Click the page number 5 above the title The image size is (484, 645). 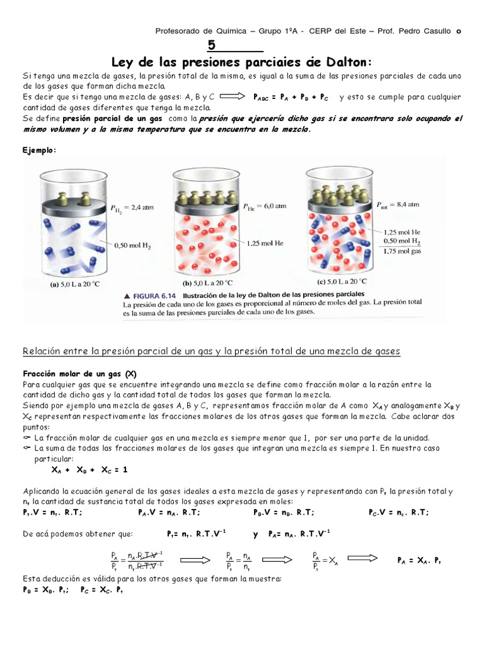[x=212, y=45]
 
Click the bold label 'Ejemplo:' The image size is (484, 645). [x=40, y=149]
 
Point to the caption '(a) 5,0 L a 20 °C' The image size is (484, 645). [x=75, y=284]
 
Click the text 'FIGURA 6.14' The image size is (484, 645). [x=152, y=294]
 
